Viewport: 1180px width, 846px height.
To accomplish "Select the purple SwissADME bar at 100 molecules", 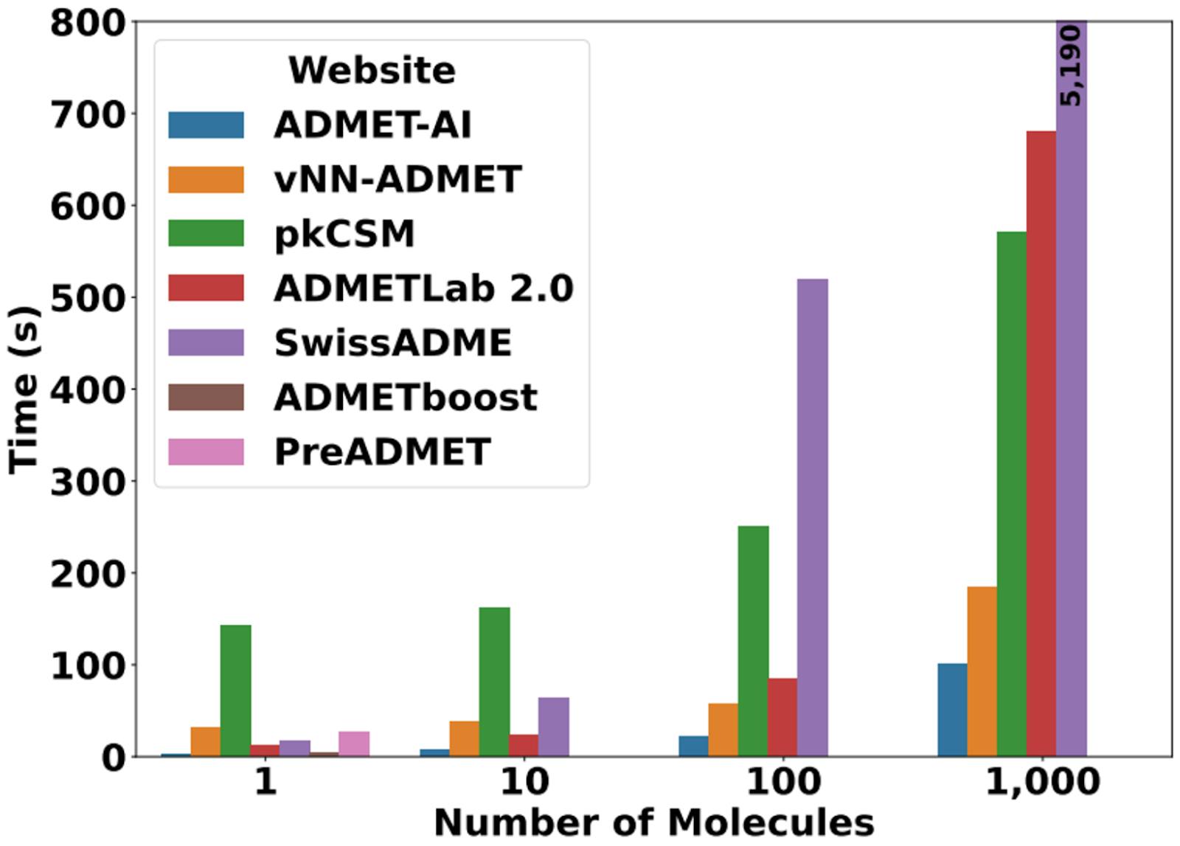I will pyautogui.click(x=812, y=517).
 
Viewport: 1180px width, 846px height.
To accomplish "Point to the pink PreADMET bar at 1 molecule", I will pyautogui.click(x=354, y=743).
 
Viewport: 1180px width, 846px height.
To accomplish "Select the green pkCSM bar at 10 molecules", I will pyautogui.click(x=494, y=682).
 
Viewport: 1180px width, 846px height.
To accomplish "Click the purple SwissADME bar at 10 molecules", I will pyautogui.click(x=553, y=727).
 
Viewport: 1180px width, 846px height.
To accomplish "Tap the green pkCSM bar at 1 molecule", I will pyautogui.click(x=235, y=690).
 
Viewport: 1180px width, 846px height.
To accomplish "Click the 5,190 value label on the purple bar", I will pyautogui.click(x=1072, y=66).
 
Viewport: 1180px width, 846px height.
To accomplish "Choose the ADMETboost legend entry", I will pyautogui.click(x=405, y=398).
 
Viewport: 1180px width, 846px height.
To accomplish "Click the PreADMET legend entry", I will pyautogui.click(x=381, y=452).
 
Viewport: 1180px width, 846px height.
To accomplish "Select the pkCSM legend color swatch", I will pyautogui.click(x=206, y=234).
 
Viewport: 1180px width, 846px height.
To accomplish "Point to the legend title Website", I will pyautogui.click(x=372, y=71).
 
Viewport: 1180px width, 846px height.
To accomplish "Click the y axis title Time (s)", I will pyautogui.click(x=24, y=389).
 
